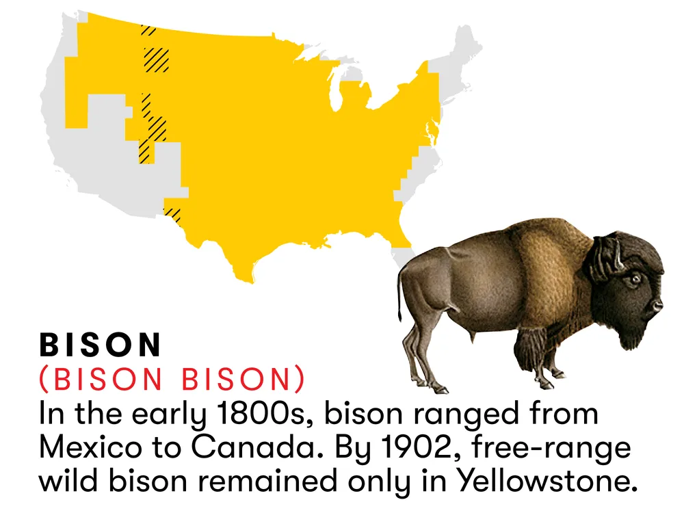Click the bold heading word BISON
click(x=101, y=345)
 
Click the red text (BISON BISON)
click(x=172, y=380)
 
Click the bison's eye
click(x=635, y=278)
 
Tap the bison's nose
click(x=659, y=303)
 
